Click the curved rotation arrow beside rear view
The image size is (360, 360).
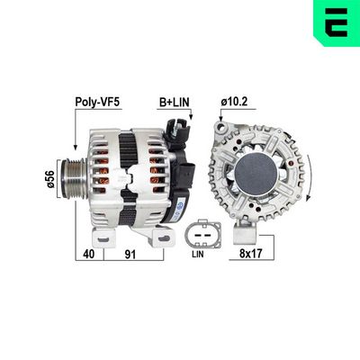click(308, 171)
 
